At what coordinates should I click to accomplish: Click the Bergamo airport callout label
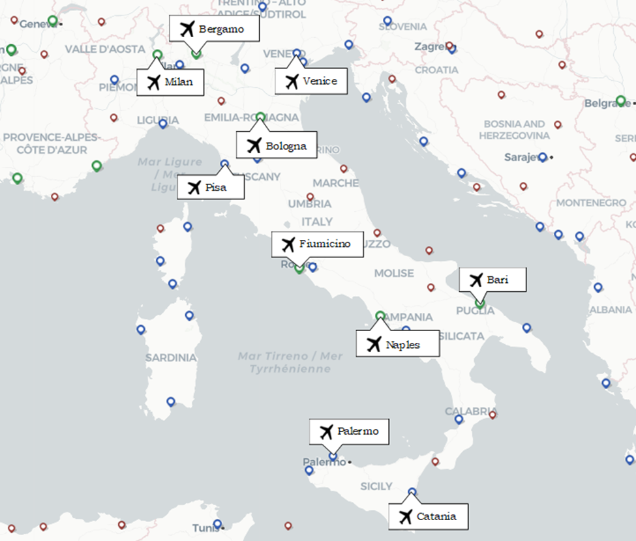tap(215, 29)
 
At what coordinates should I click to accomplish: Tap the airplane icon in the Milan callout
tap(154, 83)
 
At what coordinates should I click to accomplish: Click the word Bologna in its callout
tap(286, 146)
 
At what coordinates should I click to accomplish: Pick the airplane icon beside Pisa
tap(194, 188)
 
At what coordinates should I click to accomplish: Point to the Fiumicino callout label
tap(316, 244)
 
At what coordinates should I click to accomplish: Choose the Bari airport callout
tap(492, 280)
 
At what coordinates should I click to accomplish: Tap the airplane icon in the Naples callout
tap(374, 344)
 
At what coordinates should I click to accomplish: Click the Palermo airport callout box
tap(349, 431)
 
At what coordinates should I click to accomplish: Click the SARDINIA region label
tap(171, 358)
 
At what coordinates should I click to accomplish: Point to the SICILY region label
tap(376, 486)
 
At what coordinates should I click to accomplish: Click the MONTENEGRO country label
tap(591, 203)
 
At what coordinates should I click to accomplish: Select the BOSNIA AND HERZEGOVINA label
tap(514, 129)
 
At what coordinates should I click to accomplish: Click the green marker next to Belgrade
tap(621, 101)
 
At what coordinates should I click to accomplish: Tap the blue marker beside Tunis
tap(218, 524)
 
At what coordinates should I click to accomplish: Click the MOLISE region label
tap(394, 273)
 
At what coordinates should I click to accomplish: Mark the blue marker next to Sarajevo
tap(542, 157)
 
